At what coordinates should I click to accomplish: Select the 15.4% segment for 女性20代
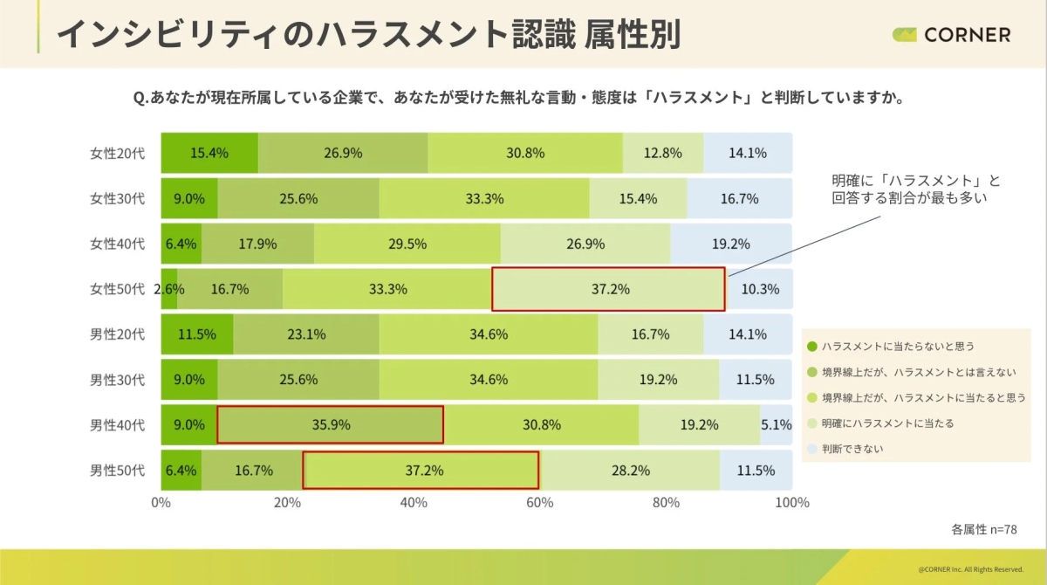tap(209, 153)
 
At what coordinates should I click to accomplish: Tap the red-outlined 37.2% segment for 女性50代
tap(608, 289)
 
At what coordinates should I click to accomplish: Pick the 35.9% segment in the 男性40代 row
tap(330, 425)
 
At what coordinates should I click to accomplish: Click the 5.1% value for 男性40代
tap(776, 425)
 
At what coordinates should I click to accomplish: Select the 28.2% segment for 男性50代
tap(629, 471)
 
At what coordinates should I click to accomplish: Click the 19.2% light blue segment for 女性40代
tap(730, 244)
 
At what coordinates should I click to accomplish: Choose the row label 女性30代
tap(117, 198)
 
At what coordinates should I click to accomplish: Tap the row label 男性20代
tap(117, 334)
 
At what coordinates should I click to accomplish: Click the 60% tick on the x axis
tap(539, 503)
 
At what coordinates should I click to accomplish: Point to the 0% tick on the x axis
tap(161, 503)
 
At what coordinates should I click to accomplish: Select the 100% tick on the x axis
tap(792, 503)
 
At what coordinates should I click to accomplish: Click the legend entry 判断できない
tap(859, 449)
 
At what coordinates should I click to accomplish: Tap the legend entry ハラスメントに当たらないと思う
tap(897, 346)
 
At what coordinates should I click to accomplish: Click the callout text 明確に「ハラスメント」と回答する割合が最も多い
tap(915, 189)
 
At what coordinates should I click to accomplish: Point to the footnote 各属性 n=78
tap(983, 529)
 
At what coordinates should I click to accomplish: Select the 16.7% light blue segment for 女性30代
tap(739, 198)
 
